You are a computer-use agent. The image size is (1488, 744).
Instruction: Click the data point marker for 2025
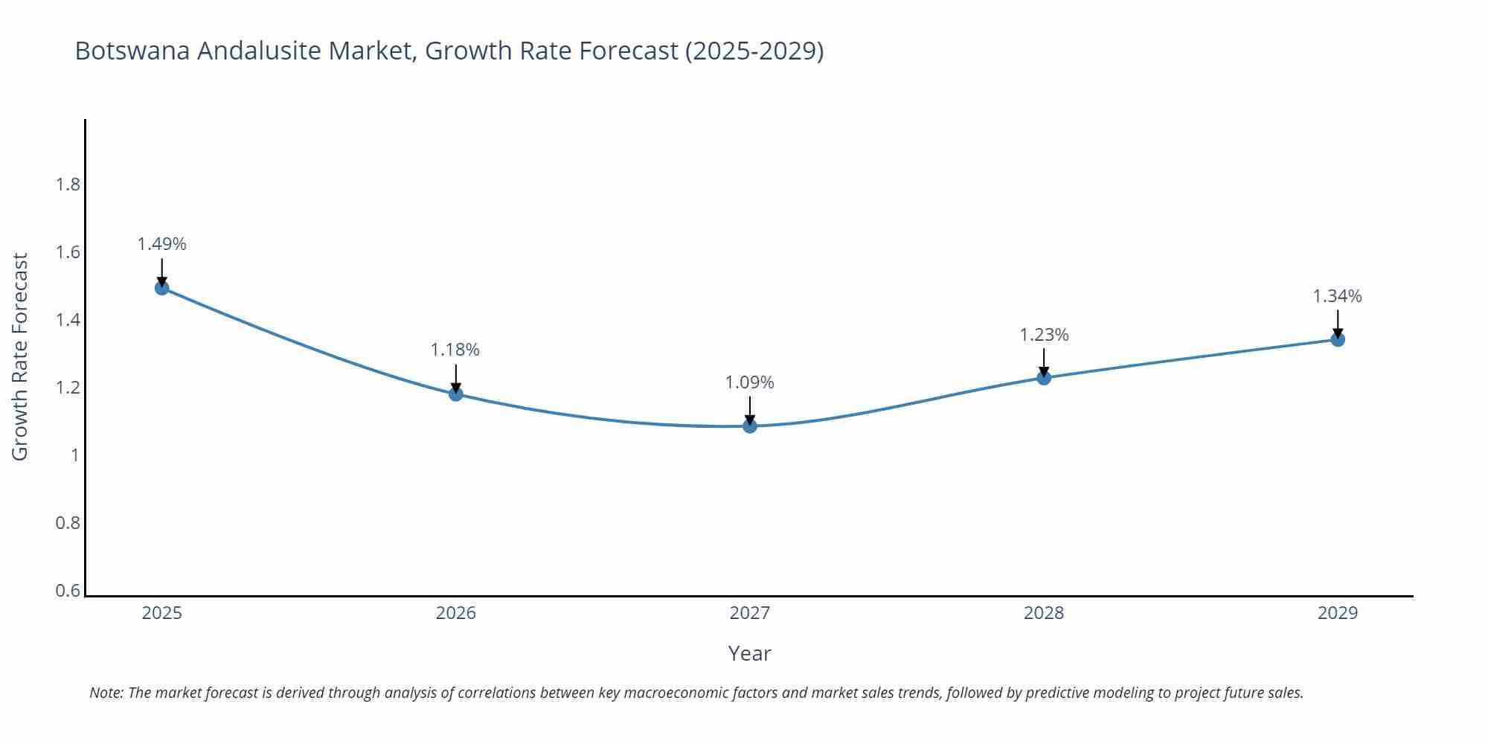coord(162,288)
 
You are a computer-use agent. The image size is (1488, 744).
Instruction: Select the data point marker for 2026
coord(456,394)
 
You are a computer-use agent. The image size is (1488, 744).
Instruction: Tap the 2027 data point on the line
coord(750,426)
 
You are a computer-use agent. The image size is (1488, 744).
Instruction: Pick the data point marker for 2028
coord(1044,378)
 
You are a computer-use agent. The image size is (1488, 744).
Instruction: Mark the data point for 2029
coord(1338,340)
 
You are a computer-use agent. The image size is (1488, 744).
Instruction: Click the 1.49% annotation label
coord(162,244)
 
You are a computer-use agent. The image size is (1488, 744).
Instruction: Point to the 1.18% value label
coord(455,350)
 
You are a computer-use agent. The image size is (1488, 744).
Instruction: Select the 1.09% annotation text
coord(750,382)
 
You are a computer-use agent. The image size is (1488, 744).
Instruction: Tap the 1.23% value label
coord(1044,335)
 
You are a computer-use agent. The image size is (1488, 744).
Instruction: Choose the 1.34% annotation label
coord(1337,296)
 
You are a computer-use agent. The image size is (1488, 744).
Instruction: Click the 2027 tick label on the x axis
coord(750,613)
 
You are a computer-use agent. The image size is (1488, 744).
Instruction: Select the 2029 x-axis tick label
coord(1338,613)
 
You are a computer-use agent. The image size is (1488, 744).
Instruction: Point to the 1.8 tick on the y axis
coord(68,185)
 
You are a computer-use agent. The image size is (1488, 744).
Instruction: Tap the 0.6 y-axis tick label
coord(68,591)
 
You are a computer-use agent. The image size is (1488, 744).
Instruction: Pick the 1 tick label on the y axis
coord(75,455)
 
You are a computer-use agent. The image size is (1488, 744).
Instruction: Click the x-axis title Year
coord(750,653)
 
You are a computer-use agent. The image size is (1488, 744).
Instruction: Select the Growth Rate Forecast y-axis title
coord(20,356)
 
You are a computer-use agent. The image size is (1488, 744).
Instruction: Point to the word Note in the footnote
coord(106,693)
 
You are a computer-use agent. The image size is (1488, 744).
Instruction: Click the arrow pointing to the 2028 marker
coord(1044,362)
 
